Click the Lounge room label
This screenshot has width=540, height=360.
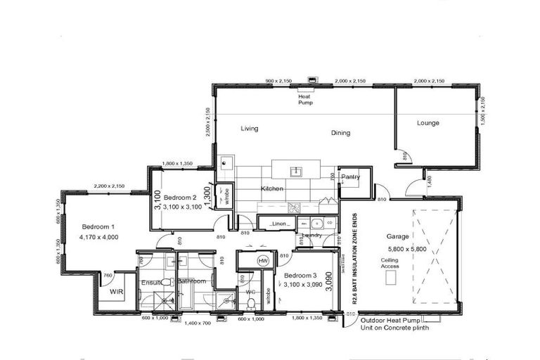click(x=427, y=123)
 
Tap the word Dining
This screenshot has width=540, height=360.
click(x=340, y=133)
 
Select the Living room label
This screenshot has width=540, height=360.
click(x=249, y=129)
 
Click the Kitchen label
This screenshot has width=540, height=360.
click(x=272, y=190)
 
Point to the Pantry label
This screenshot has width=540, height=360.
click(x=350, y=177)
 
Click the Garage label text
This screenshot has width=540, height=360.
click(x=398, y=237)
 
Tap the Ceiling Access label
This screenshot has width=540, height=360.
click(x=390, y=263)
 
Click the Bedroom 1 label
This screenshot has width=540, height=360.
click(x=98, y=226)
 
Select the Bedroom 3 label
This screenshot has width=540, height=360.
click(x=301, y=275)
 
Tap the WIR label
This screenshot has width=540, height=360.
click(x=116, y=290)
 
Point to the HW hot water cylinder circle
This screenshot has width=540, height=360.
click(x=264, y=261)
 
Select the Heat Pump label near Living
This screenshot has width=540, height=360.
click(x=304, y=99)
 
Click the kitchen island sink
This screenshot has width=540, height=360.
click(x=297, y=170)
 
